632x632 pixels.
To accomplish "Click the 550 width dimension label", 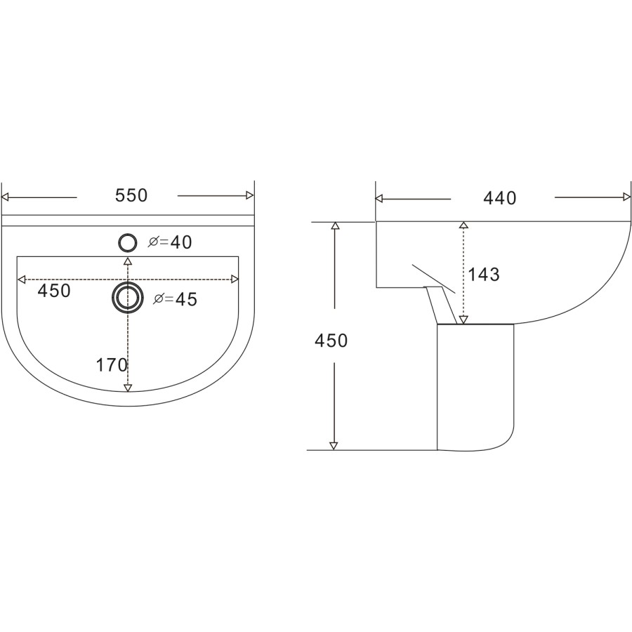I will click(131, 196).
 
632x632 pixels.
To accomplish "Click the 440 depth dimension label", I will click(499, 199).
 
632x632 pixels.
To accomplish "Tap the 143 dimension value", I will click(484, 275).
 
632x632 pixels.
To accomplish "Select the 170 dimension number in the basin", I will click(112, 364).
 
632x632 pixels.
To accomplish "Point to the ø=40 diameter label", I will click(170, 242).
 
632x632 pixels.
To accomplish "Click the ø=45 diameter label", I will click(175, 299).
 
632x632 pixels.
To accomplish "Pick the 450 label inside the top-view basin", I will click(54, 291).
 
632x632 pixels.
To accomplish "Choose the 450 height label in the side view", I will click(331, 341).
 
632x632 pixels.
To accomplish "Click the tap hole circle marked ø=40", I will click(127, 242).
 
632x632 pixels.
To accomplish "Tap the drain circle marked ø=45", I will click(127, 297).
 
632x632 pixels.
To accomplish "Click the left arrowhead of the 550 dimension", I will click(6, 196).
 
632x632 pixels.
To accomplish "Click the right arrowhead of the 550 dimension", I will click(249, 196).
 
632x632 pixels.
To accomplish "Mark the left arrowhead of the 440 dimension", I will click(381, 199).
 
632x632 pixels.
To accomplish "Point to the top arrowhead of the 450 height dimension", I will click(335, 226).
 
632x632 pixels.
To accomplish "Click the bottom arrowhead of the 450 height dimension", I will click(334, 445).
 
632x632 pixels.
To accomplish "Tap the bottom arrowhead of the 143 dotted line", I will click(463, 320).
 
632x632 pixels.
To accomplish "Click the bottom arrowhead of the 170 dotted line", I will click(127, 387).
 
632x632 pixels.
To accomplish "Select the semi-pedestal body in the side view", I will click(474, 386).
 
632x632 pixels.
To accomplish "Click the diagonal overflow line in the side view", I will click(433, 279).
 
